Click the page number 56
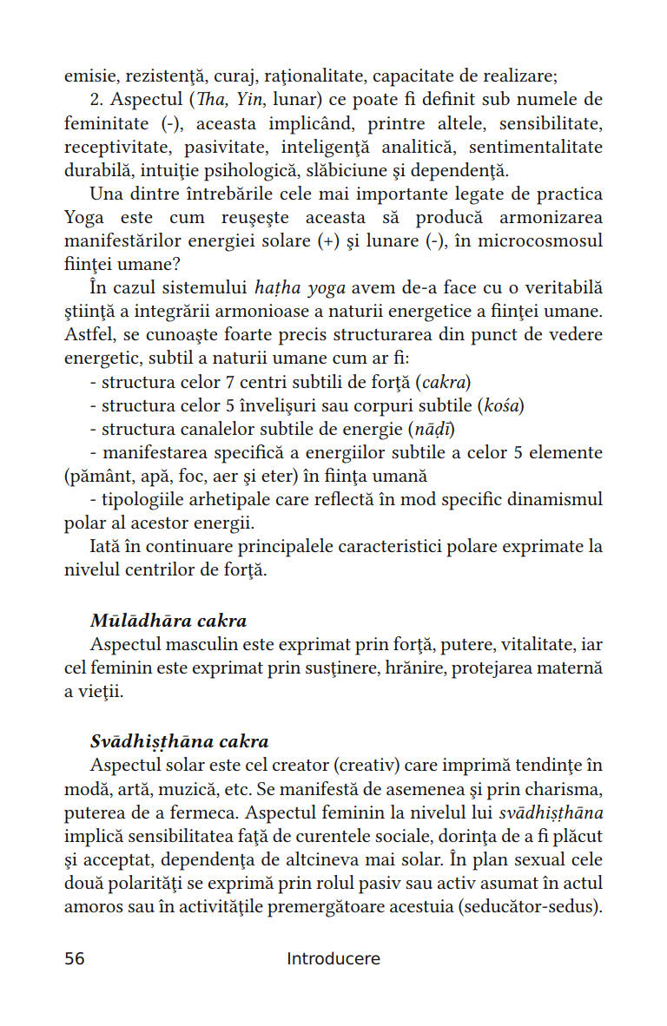(x=75, y=959)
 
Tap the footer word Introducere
(x=333, y=959)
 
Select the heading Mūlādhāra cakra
(x=168, y=621)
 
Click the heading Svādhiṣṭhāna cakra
(x=180, y=741)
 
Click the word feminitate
(x=106, y=123)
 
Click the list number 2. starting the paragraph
(x=97, y=99)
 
